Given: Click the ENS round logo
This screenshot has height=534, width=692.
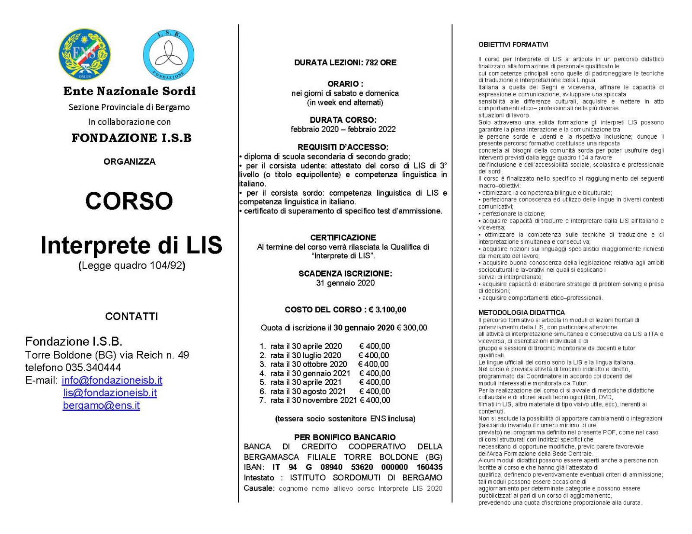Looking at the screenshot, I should point(85,54).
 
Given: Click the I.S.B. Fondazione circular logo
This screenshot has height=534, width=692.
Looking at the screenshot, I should point(168,55).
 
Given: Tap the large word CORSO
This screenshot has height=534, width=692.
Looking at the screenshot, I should point(129,201).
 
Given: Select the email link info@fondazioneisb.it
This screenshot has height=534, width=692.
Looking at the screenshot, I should point(112,380).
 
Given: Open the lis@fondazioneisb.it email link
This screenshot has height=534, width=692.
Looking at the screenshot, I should point(110,393).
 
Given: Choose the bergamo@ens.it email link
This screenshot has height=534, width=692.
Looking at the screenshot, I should point(101,405).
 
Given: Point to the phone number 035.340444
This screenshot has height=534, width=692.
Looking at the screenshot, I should point(93,368).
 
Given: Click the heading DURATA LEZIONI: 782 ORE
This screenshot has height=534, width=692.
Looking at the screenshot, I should point(345,63).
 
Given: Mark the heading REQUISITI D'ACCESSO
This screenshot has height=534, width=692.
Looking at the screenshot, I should point(343,147).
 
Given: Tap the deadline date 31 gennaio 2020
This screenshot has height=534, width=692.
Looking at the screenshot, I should point(345,283).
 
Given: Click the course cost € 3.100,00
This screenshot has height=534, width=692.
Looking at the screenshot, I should point(388,310).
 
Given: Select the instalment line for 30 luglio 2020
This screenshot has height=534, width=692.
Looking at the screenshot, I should point(324,355).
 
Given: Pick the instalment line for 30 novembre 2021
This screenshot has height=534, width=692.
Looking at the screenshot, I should point(325,400).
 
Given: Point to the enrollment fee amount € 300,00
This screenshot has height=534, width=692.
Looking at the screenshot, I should point(412,328).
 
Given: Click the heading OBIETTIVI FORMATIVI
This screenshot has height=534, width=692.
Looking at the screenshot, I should point(513,44).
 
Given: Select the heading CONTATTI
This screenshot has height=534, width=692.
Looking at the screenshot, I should point(131,317).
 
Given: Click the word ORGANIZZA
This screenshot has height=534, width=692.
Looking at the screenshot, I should point(129,162).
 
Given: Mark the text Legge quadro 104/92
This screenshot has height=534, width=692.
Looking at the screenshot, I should point(132,266).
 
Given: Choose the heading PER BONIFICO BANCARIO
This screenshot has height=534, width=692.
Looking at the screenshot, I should point(345,437).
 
